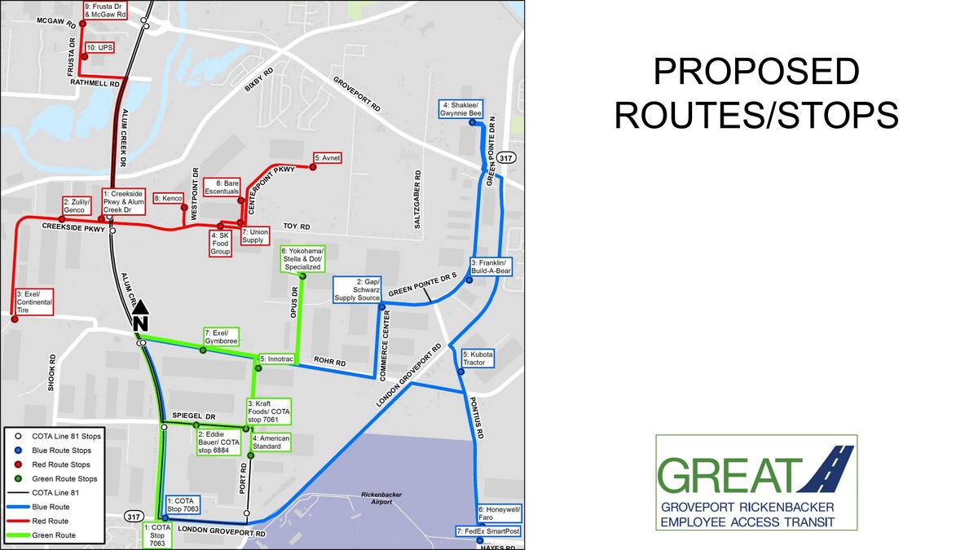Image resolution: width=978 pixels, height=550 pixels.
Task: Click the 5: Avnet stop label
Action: (x=327, y=156)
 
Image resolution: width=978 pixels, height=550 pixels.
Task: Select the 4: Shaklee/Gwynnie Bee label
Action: (x=462, y=110)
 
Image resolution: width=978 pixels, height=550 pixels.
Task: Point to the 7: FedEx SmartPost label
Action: (x=488, y=531)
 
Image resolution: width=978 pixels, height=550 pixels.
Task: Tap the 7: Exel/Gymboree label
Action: (x=221, y=337)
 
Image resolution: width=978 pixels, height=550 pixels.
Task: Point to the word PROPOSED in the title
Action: (x=756, y=73)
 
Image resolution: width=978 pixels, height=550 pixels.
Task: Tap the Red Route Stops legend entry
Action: (x=64, y=464)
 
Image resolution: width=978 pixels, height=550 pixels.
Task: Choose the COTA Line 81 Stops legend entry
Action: (x=65, y=437)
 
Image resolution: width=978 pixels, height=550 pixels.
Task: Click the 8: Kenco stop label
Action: (x=170, y=198)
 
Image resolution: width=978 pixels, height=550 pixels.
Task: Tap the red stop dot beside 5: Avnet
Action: (x=311, y=167)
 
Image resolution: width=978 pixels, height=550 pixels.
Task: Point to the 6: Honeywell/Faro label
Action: (x=500, y=513)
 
